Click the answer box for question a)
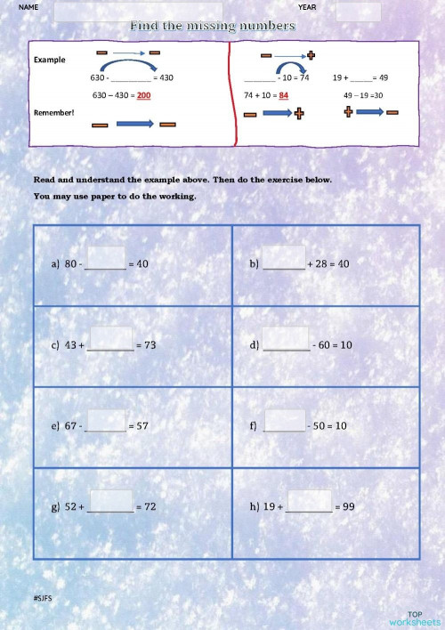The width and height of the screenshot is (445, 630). click(x=106, y=258)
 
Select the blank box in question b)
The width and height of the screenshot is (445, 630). click(x=284, y=258)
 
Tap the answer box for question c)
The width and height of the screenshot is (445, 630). click(x=111, y=339)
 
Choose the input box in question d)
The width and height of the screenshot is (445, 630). click(x=286, y=339)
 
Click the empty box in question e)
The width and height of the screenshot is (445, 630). click(x=107, y=420)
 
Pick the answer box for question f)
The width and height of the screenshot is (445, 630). click(x=285, y=420)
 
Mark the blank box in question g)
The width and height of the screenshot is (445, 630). click(x=111, y=501)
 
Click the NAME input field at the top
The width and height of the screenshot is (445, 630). click(x=138, y=12)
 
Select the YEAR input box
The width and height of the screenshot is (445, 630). click(x=359, y=12)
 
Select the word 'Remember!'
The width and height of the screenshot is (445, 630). click(x=53, y=112)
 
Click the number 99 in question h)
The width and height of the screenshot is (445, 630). click(x=348, y=506)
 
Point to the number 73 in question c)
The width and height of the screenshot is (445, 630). click(x=150, y=344)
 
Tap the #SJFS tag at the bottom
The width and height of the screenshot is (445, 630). click(x=43, y=599)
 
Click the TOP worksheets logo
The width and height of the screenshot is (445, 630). click(x=414, y=618)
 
